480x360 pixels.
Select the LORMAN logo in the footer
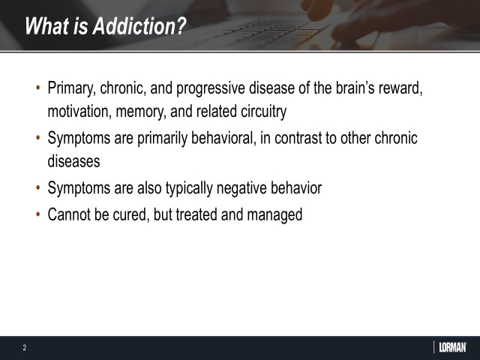coord(451,347)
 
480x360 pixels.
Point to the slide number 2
coord(24,348)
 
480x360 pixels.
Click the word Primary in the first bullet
coord(72,89)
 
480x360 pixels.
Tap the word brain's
coord(342,89)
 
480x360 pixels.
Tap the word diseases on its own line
coord(73,160)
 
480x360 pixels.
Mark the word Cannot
coord(72,215)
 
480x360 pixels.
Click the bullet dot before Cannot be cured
coord(38,215)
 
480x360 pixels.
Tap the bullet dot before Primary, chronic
coord(38,89)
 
